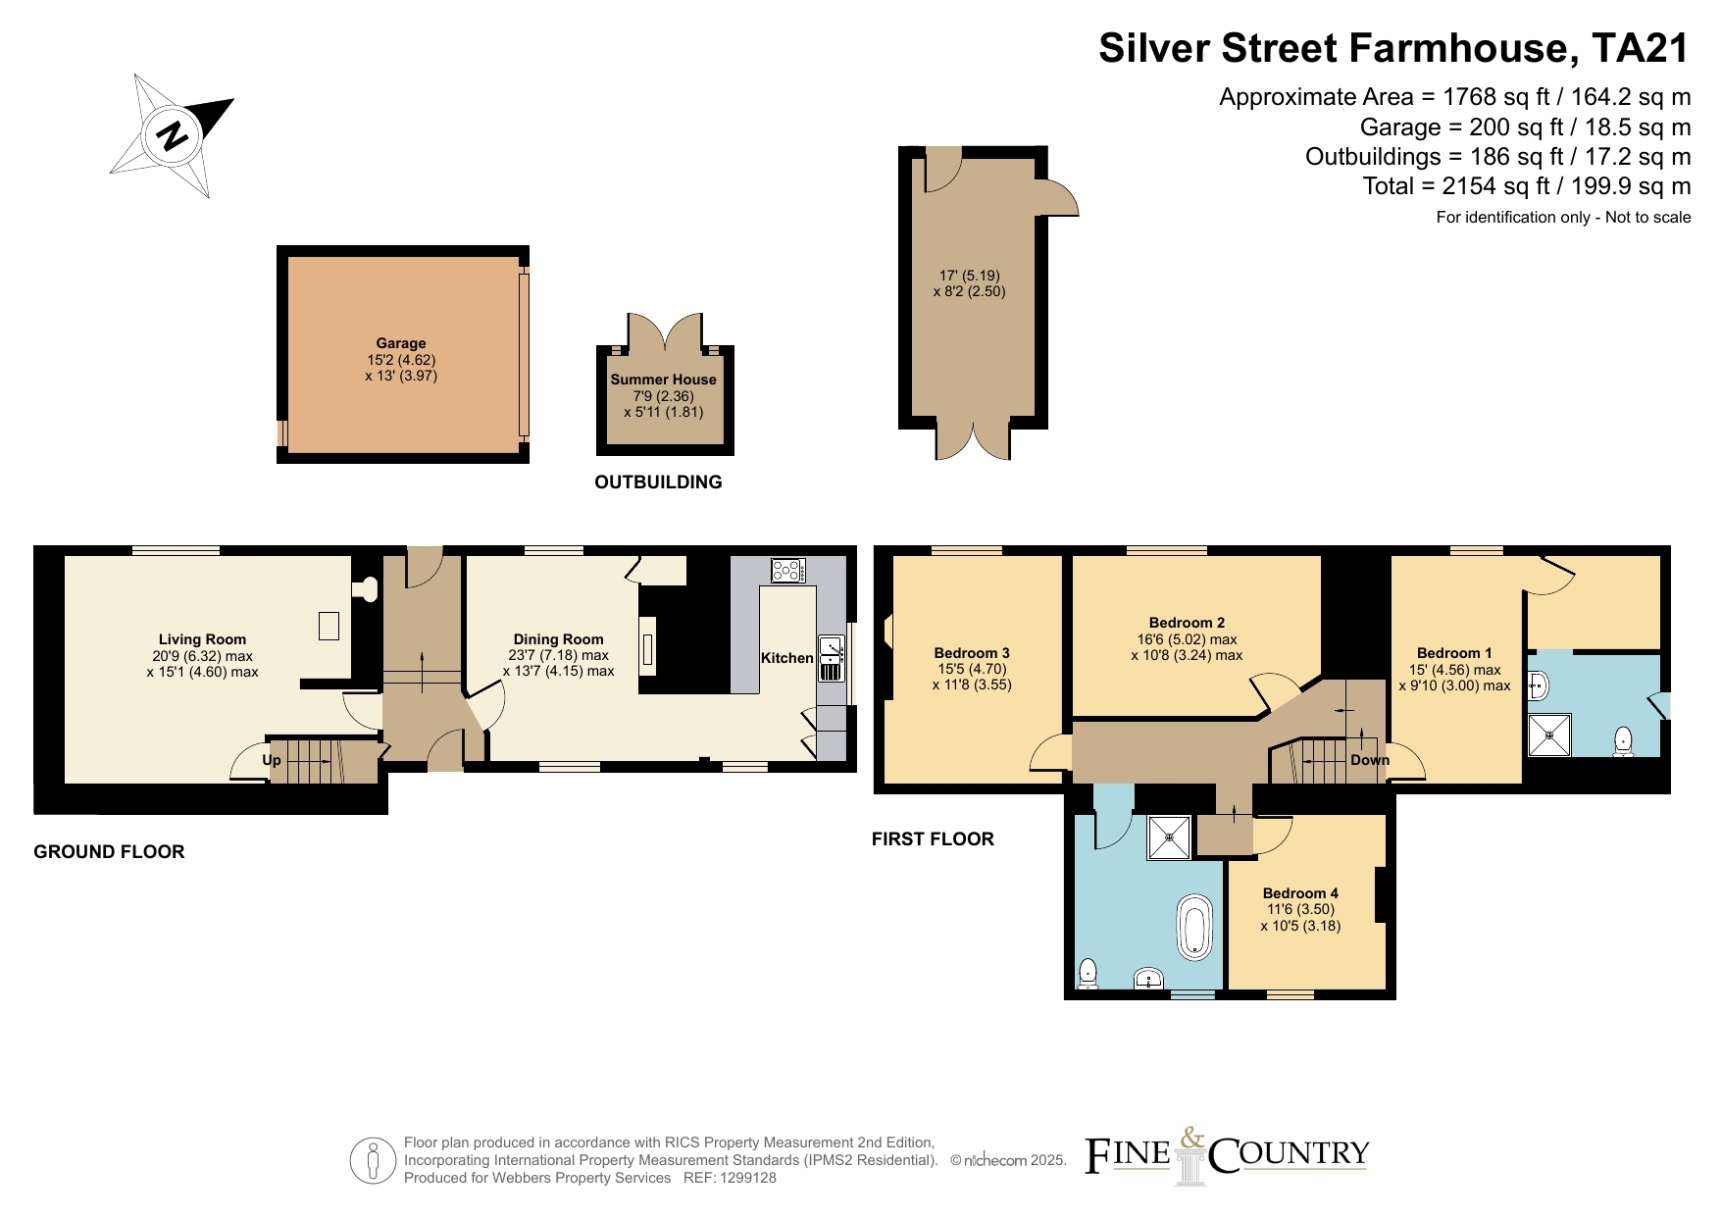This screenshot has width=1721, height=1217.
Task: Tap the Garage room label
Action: (401, 343)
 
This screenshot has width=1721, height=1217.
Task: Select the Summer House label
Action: (664, 380)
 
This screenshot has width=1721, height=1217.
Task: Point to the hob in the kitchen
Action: (787, 570)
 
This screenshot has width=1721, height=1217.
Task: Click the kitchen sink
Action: (832, 658)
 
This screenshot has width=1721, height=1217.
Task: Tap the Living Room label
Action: (203, 639)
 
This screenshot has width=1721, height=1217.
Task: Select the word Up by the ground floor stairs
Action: (272, 760)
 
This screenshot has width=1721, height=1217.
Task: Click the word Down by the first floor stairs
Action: (1370, 760)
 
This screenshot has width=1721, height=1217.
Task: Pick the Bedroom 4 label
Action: (1300, 893)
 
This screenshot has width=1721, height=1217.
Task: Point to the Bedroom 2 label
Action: (1187, 623)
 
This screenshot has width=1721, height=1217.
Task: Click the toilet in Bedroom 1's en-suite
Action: (1623, 741)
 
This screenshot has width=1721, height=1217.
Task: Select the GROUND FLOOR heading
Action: (109, 852)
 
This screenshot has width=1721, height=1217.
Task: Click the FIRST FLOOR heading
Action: (933, 839)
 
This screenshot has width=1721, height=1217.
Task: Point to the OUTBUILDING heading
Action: (658, 482)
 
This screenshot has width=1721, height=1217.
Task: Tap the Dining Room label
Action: (558, 639)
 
